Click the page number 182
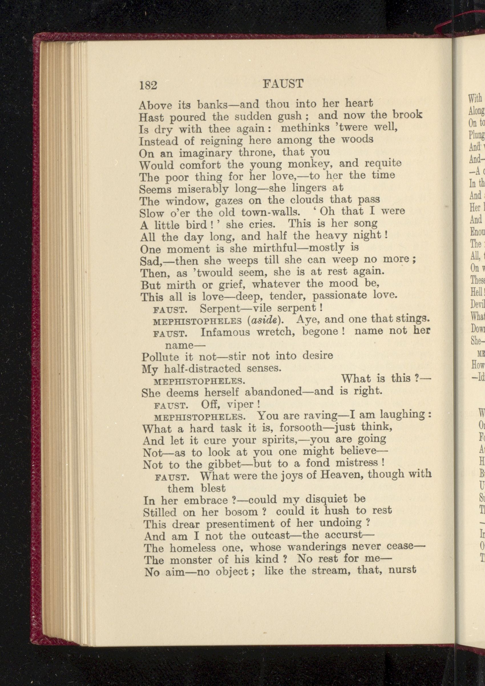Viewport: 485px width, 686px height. (x=148, y=86)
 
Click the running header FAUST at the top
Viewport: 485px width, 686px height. (x=283, y=84)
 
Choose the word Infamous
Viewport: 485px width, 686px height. (x=225, y=332)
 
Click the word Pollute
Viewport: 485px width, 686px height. (x=160, y=357)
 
